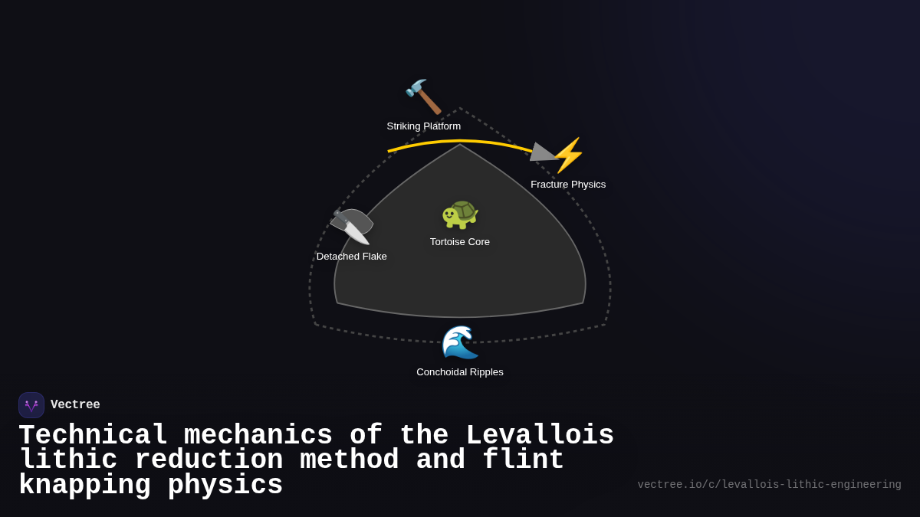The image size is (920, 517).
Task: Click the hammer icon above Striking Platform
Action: pyautogui.click(x=423, y=97)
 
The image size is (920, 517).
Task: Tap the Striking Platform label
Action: pyautogui.click(x=423, y=126)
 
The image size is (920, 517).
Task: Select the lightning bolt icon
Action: pyautogui.click(x=568, y=155)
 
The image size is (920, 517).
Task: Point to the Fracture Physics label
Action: pyautogui.click(x=568, y=185)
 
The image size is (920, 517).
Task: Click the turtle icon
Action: pyautogui.click(x=460, y=214)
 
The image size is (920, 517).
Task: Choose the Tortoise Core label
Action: pyautogui.click(x=460, y=242)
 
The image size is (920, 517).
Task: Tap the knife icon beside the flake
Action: pyautogui.click(x=353, y=227)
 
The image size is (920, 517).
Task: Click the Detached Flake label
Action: pyautogui.click(x=351, y=257)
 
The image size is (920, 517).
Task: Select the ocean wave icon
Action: pyautogui.click(x=460, y=342)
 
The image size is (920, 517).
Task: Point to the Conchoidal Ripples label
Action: pyautogui.click(x=460, y=372)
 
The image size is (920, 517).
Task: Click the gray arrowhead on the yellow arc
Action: pyautogui.click(x=541, y=152)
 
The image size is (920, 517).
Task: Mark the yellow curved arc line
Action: pyautogui.click(x=460, y=141)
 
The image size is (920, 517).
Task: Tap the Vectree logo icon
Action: pyautogui.click(x=31, y=405)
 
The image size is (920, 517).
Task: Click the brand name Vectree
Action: pyautogui.click(x=75, y=405)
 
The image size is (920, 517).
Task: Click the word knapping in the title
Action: pyautogui.click(x=84, y=486)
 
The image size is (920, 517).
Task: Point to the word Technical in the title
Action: pyautogui.click(x=93, y=436)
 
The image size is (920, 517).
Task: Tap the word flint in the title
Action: pyautogui.click(x=523, y=460)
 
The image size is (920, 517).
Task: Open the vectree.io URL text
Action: pyautogui.click(x=769, y=485)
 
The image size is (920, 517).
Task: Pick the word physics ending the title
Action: pyautogui.click(x=225, y=486)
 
